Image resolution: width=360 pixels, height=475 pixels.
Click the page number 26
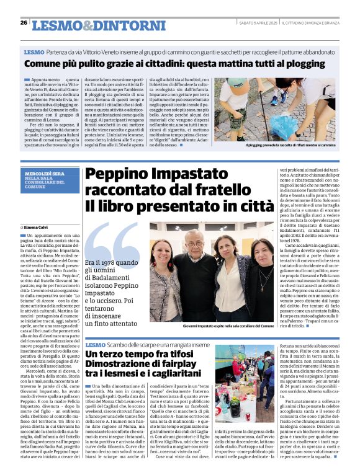pos(24,22)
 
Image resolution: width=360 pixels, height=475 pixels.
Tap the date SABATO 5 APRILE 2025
pos(259,23)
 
